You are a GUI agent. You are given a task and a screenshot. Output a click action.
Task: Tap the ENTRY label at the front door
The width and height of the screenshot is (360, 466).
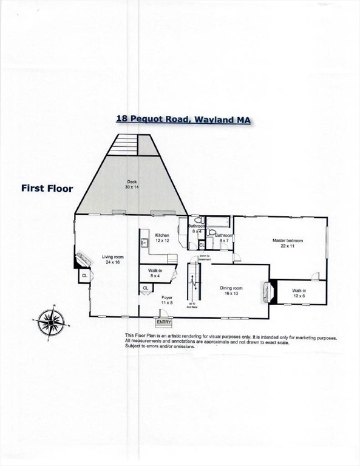164,322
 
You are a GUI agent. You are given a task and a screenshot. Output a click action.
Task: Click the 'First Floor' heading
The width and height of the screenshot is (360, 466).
47,189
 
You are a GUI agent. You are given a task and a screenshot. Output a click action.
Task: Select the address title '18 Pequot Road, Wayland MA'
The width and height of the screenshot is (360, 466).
183,120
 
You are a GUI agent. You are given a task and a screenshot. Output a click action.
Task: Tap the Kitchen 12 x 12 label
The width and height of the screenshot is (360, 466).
162,238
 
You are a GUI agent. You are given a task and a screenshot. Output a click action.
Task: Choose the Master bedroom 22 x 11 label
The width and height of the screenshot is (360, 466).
287,243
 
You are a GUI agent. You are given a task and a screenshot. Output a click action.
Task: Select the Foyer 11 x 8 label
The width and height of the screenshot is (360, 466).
168,300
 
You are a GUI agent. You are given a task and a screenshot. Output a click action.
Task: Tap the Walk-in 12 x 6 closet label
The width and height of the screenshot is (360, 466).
299,294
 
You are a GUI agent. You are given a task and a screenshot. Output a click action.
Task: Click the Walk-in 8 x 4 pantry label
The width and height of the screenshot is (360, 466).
155,273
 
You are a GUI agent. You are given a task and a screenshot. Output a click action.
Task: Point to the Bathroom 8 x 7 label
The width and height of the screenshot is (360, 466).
223,238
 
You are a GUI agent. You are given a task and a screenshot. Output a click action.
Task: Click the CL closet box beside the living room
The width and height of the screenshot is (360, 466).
84,277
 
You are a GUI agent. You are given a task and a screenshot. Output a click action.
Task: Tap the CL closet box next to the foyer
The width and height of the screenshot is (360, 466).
146,288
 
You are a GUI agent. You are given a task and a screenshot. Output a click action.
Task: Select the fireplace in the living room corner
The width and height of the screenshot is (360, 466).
81,260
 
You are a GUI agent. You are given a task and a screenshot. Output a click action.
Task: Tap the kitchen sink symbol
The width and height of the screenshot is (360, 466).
144,243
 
